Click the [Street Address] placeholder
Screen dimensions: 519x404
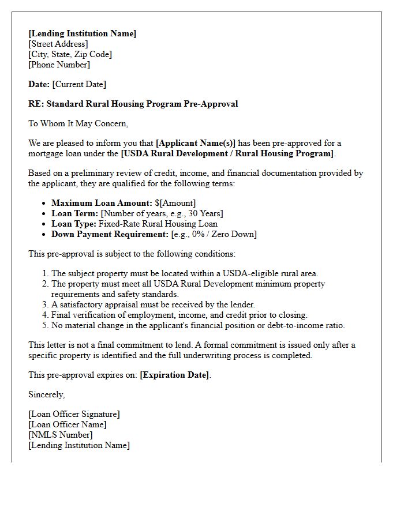(x=58, y=44)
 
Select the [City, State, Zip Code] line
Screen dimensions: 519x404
(x=70, y=54)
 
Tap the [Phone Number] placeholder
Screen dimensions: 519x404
(x=59, y=65)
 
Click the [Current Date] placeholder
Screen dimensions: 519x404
(x=79, y=84)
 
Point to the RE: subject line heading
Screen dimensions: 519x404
(x=133, y=104)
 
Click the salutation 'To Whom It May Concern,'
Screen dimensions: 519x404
(x=78, y=123)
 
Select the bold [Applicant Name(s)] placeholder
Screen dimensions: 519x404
(x=196, y=143)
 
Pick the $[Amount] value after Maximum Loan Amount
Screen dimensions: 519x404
(x=175, y=203)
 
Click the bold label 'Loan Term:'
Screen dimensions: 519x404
(x=75, y=213)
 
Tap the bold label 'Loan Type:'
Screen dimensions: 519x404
(x=74, y=224)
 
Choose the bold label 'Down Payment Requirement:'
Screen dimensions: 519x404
(x=110, y=234)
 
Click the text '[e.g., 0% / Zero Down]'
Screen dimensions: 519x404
(x=214, y=234)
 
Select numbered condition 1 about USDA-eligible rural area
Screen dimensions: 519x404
(x=185, y=273)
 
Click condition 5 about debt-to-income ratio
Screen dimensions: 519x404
(x=198, y=325)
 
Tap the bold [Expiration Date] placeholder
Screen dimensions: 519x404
(x=174, y=375)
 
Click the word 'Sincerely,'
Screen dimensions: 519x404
(x=47, y=394)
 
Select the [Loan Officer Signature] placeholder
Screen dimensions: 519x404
(x=74, y=414)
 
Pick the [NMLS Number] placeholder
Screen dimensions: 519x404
(x=61, y=435)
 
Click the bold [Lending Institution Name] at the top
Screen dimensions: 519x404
(x=83, y=33)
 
